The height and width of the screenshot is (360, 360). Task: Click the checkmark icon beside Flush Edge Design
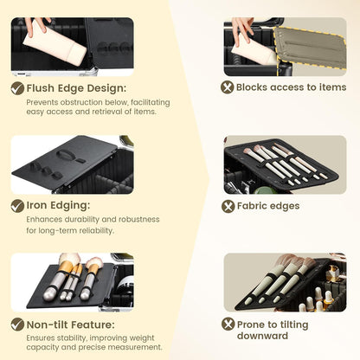click(x=17, y=88)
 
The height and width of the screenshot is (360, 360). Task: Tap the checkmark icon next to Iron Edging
click(x=17, y=206)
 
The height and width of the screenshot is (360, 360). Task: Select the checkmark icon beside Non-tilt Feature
click(x=17, y=325)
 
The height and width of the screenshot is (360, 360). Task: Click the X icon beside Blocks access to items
click(x=228, y=87)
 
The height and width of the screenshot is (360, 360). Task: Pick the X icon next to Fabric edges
click(x=228, y=206)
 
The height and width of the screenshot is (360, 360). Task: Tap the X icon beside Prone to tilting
click(x=228, y=324)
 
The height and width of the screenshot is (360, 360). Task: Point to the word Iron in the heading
click(x=36, y=205)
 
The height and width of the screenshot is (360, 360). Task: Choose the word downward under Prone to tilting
click(x=262, y=336)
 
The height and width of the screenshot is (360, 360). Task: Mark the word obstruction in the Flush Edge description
click(x=81, y=102)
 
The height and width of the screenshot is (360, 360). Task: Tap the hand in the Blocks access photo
click(x=241, y=29)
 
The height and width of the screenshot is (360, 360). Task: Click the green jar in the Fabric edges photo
click(x=265, y=190)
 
